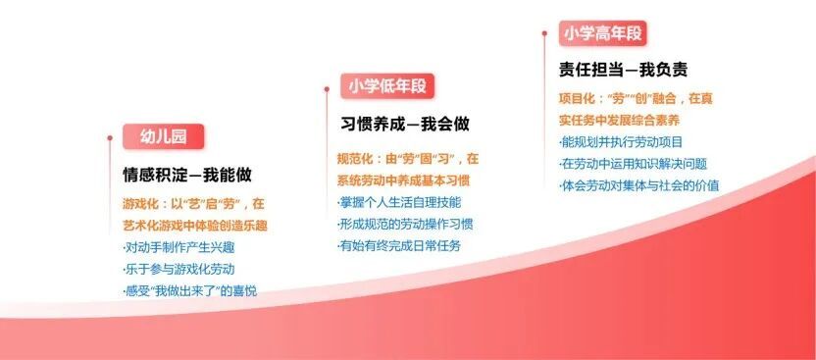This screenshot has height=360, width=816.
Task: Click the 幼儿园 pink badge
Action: [x=164, y=136]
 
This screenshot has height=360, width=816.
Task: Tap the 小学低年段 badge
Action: [x=387, y=86]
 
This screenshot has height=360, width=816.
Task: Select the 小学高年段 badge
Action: [x=602, y=33]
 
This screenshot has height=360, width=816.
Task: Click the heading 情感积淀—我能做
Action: [x=187, y=175]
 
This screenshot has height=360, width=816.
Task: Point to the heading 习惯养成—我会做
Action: [x=405, y=125]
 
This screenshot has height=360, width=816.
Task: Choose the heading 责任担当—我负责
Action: [x=623, y=70]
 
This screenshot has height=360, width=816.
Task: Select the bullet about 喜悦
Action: [x=190, y=291]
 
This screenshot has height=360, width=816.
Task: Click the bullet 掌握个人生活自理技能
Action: [x=399, y=202]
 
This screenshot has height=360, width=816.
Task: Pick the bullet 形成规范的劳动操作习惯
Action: [x=405, y=225]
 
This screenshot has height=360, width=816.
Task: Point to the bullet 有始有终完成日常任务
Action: [x=399, y=245]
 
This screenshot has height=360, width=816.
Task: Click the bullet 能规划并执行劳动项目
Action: [x=621, y=141]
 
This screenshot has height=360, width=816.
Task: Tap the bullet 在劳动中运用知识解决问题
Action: [x=634, y=164]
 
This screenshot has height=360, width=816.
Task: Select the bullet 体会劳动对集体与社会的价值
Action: [x=639, y=185]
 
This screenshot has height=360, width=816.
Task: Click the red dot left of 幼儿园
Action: [x=110, y=138]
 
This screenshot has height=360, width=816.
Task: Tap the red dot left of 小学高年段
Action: [x=544, y=33]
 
